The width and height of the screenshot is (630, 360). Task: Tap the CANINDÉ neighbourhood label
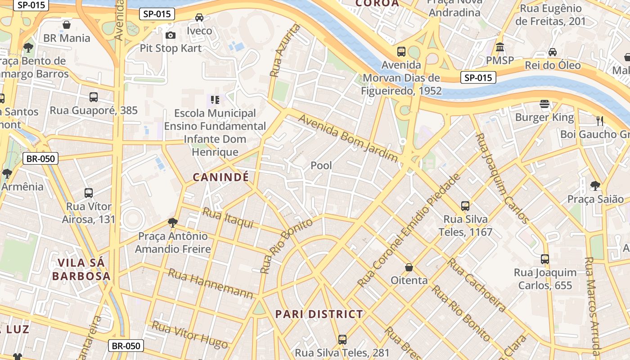point(220,177)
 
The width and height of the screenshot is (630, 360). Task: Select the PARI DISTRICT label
point(319,314)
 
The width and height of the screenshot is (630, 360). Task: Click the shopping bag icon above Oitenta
point(409,267)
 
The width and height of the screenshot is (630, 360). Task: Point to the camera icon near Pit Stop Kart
point(170,35)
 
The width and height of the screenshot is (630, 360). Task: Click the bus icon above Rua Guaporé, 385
point(94,97)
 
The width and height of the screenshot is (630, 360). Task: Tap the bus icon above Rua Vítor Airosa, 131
point(89,193)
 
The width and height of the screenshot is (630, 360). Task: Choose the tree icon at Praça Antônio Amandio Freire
point(172,222)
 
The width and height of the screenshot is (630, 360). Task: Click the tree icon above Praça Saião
point(595,185)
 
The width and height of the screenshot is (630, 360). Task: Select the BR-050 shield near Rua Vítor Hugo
point(126,346)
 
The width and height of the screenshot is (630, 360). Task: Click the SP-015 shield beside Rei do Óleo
point(478,77)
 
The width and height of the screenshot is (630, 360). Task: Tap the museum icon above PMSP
point(499,47)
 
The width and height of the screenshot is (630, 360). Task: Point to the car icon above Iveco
point(199,18)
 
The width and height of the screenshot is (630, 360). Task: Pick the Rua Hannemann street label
point(211,283)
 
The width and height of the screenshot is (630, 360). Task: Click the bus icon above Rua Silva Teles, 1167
point(465,206)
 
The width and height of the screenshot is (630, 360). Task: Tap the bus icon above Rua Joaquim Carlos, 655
point(545,259)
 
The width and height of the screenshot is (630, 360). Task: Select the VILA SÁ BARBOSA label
point(81,269)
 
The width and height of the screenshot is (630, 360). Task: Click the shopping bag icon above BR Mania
point(67,25)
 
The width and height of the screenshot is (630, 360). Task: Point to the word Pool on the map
point(321,165)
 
